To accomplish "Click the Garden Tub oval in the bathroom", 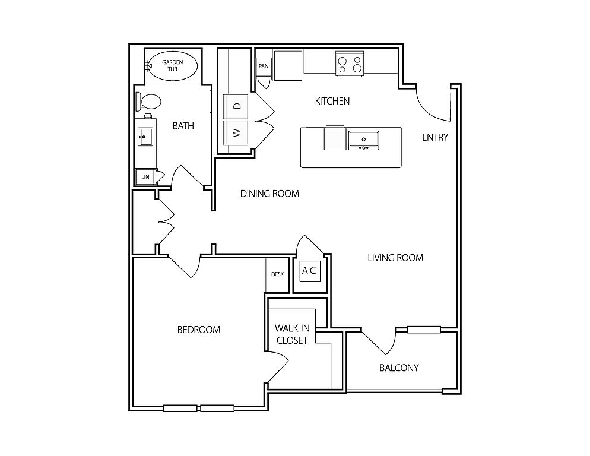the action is [x=173, y=65].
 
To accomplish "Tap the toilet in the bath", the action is [x=148, y=101].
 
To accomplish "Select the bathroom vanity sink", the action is [x=145, y=137].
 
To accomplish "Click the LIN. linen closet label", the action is [x=146, y=176].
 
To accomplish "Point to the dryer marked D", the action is [x=236, y=106].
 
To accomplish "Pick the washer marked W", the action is [x=236, y=132].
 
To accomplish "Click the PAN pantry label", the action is [x=264, y=66].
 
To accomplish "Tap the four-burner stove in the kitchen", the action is [x=350, y=64].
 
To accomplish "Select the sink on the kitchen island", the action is [x=363, y=140].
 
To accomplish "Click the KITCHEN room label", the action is [x=332, y=101].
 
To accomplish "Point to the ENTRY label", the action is [x=435, y=137].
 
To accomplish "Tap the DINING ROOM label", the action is [x=269, y=194].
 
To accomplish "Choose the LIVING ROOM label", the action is [x=395, y=258].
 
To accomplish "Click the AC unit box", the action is [x=310, y=271].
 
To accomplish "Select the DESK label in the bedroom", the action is [x=277, y=274].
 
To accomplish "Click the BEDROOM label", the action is [x=199, y=330].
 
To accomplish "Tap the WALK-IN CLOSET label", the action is [x=292, y=334].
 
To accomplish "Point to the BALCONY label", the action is [x=399, y=368].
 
